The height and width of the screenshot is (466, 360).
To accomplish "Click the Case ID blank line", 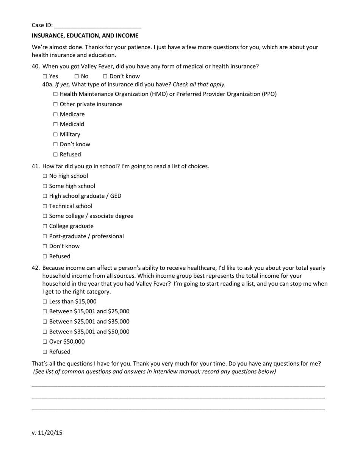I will coord(98,26).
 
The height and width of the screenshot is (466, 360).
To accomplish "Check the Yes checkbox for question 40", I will coord(45,77).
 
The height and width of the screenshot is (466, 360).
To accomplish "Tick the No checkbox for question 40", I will coord(77,77).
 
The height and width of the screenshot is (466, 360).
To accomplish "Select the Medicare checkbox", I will coord(56,114).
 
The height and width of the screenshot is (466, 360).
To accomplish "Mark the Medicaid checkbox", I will coord(56,124).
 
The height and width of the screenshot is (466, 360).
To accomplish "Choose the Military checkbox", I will coord(56,134).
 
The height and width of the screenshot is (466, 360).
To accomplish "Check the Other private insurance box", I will coord(56,104).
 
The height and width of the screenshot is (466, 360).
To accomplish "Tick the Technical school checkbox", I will coord(45,206).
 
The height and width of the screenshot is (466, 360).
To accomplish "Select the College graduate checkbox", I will coord(45,227).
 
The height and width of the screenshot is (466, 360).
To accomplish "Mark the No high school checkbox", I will coord(45,176).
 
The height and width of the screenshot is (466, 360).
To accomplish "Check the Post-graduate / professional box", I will coord(45,236).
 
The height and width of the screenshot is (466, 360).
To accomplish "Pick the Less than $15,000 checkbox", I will coord(45,302).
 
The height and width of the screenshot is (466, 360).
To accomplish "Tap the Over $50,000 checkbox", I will coord(45,342).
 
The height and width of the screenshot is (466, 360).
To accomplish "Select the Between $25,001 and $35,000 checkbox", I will coord(45,322).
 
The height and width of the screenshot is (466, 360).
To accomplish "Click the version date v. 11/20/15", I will coord(47,433).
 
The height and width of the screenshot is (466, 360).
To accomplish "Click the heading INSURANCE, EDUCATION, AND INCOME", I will coord(85,36).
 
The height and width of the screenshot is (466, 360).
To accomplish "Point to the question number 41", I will coord(36,166).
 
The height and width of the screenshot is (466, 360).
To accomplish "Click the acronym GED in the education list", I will coord(116,196).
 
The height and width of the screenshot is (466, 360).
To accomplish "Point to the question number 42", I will coord(36,268).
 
